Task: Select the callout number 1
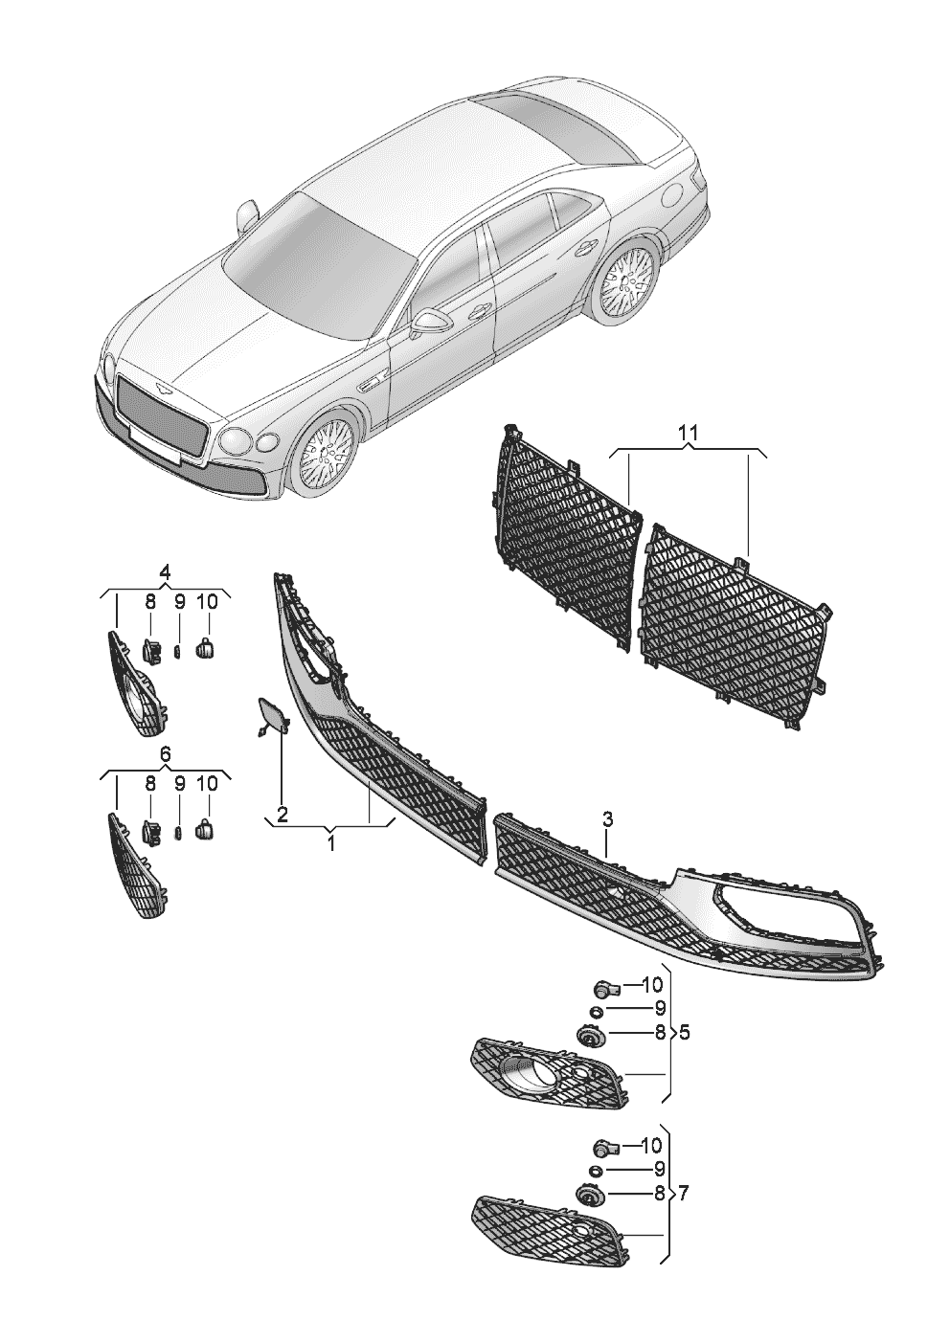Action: coord(330,843)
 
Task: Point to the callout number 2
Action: coord(283,815)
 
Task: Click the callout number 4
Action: coord(165,571)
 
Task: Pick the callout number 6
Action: coord(165,754)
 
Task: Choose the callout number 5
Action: coord(684,1034)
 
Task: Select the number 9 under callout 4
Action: coord(179,601)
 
